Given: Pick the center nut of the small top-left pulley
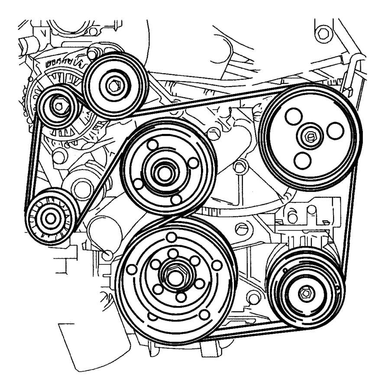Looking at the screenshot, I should [x=59, y=104].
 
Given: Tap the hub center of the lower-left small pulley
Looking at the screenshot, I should [x=50, y=218].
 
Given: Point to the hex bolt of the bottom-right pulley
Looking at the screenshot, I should [x=306, y=293].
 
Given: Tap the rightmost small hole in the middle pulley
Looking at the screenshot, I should [x=194, y=162].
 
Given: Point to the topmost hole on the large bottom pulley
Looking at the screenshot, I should [x=171, y=237].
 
